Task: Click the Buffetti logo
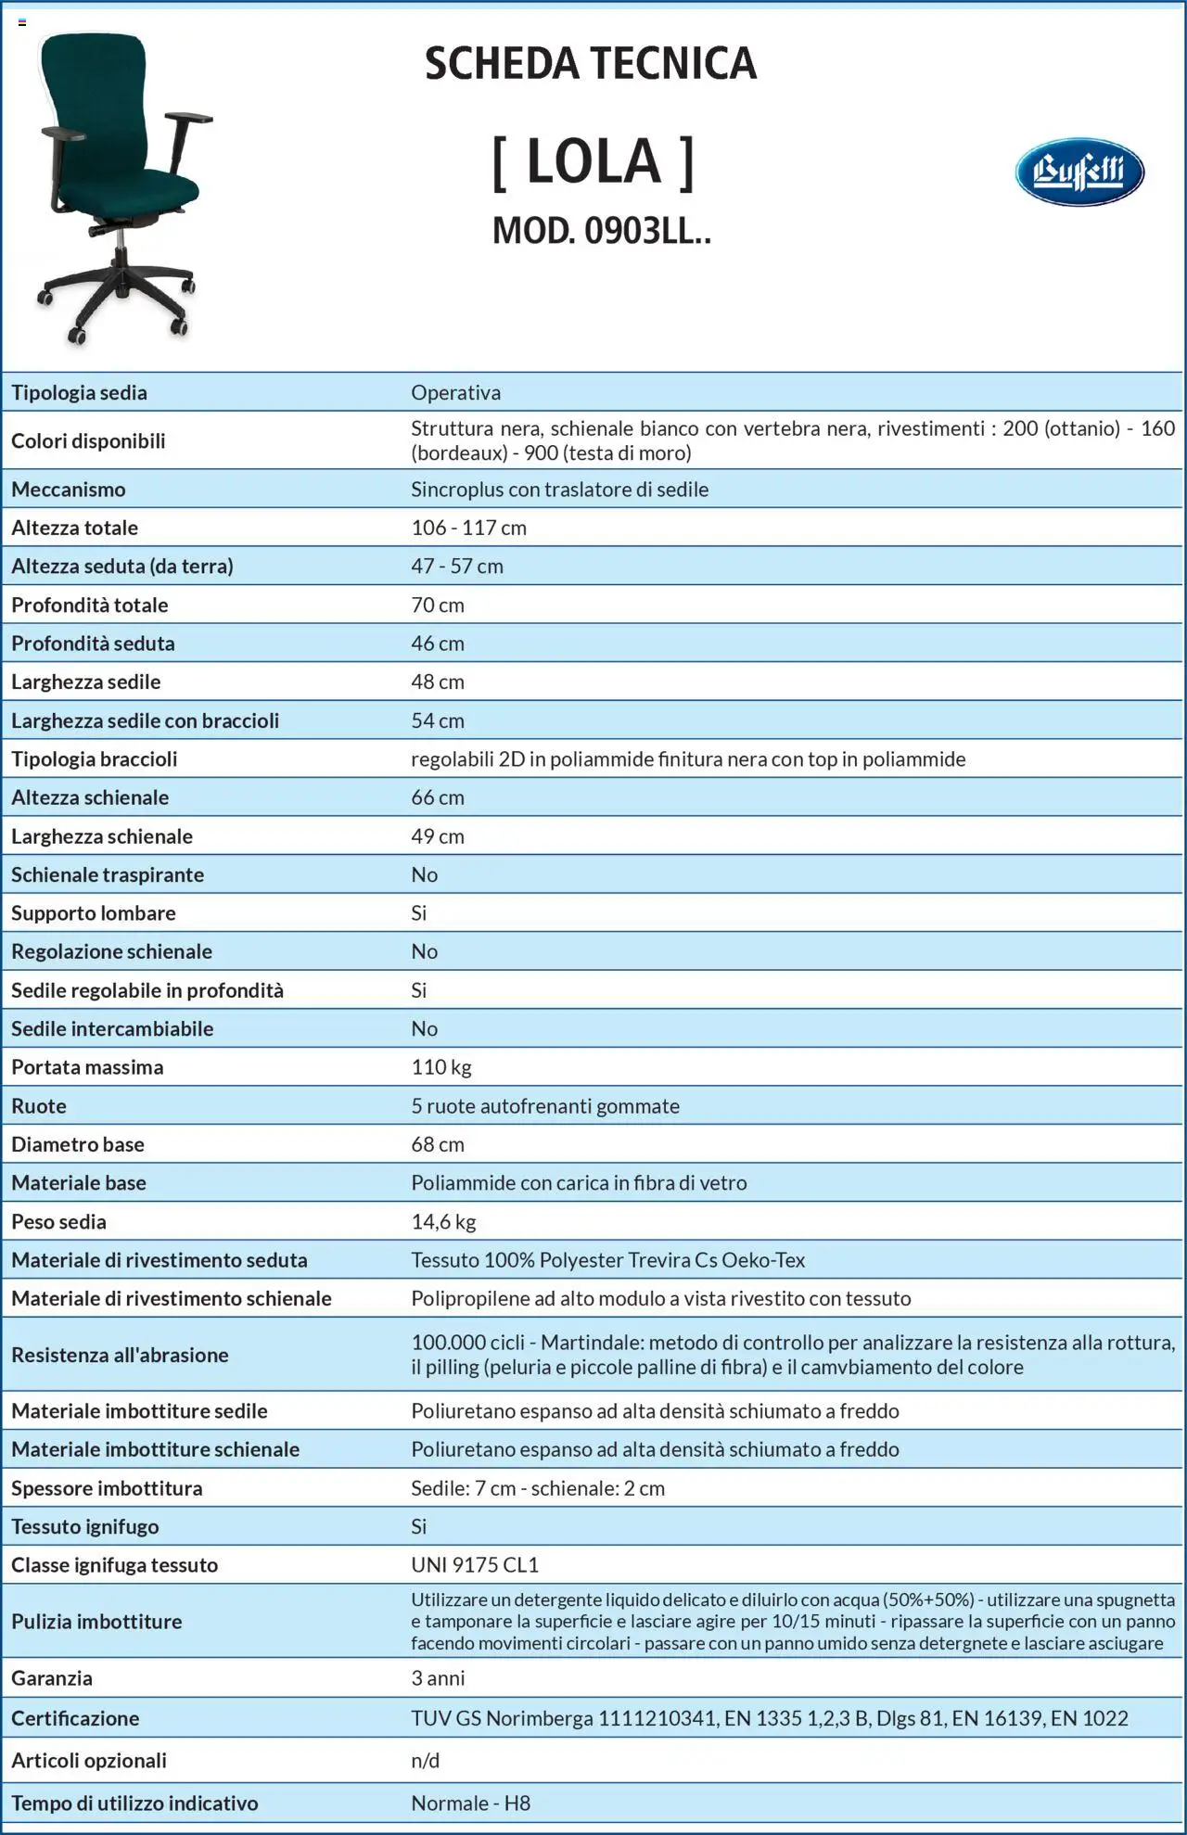(x=1079, y=172)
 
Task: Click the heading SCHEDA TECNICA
(x=591, y=63)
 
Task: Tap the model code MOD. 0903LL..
(x=601, y=231)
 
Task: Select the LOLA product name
(x=593, y=162)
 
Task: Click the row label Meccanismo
(x=69, y=489)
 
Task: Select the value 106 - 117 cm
(x=468, y=528)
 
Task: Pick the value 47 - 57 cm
(x=457, y=566)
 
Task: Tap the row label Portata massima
(x=87, y=1066)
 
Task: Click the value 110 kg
(x=441, y=1066)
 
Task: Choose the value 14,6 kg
(x=443, y=1221)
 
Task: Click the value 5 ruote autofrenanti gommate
(x=545, y=1105)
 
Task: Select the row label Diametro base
(x=78, y=1144)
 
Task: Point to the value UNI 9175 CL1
(x=475, y=1564)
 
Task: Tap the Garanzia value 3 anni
(x=438, y=1677)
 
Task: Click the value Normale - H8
(x=471, y=1803)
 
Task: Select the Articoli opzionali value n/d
(x=426, y=1760)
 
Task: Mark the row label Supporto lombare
(x=94, y=912)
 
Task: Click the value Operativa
(x=455, y=392)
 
